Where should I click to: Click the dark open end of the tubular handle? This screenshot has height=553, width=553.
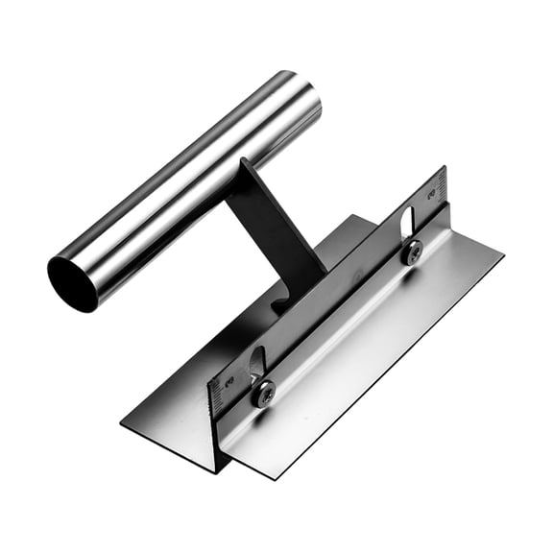(73, 283)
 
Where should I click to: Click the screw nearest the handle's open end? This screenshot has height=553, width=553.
(263, 392)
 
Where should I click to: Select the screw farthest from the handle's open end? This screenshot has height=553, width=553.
(412, 252)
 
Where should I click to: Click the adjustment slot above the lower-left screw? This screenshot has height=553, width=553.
(256, 363)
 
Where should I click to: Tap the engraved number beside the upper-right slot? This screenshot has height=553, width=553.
(434, 192)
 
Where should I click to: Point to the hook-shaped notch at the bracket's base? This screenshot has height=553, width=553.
(280, 304)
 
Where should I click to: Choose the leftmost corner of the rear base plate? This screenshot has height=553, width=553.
(123, 420)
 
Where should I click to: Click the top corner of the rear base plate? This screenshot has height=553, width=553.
(357, 216)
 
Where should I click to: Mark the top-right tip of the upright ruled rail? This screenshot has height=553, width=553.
(445, 168)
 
